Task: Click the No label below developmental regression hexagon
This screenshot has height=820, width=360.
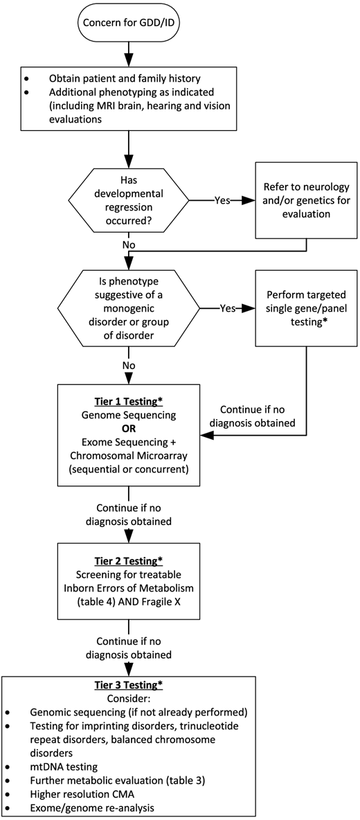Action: [128, 244]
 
